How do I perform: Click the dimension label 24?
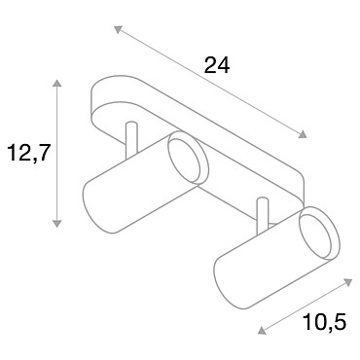(x=217, y=65)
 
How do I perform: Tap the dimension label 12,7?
(x=29, y=153)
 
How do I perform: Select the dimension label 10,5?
(x=325, y=322)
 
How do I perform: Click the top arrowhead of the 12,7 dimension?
(x=57, y=83)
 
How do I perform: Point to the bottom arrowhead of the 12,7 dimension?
(x=57, y=223)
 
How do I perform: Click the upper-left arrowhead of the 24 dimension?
(x=118, y=29)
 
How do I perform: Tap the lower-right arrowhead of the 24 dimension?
(x=303, y=134)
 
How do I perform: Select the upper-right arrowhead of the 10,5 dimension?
(x=347, y=282)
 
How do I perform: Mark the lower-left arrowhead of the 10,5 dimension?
(x=262, y=330)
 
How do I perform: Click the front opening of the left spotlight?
(x=188, y=158)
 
